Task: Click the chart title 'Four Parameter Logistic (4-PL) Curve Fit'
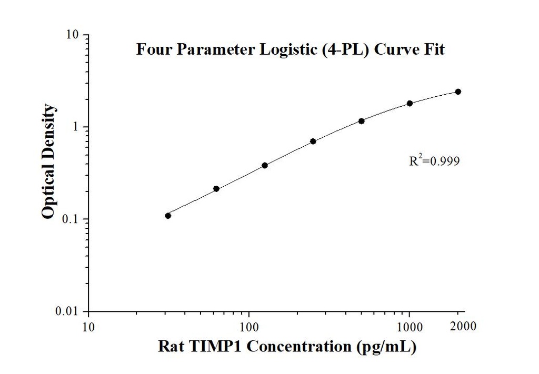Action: click(x=291, y=50)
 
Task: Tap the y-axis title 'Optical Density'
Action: click(x=48, y=161)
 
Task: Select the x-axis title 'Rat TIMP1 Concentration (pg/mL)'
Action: click(x=288, y=347)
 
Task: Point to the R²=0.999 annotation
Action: click(x=434, y=161)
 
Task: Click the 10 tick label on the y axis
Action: click(x=73, y=35)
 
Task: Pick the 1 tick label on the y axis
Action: click(x=77, y=127)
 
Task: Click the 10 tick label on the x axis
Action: click(x=88, y=327)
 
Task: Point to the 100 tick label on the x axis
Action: click(x=249, y=327)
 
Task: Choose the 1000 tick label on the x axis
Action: click(x=410, y=327)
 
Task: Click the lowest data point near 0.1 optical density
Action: click(x=168, y=216)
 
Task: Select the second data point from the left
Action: click(x=216, y=189)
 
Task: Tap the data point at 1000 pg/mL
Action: click(x=410, y=104)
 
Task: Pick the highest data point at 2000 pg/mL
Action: click(x=458, y=92)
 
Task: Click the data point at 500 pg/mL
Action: click(x=362, y=121)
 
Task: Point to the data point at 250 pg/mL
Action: click(x=313, y=141)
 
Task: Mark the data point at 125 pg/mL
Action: click(x=265, y=165)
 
